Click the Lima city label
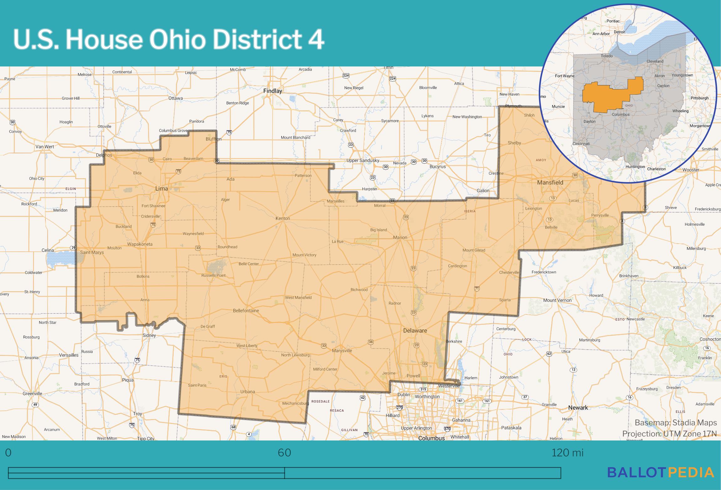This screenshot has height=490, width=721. (162, 188)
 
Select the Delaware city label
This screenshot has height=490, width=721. (415, 331)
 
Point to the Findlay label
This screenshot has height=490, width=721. (272, 91)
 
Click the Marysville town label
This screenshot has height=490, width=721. (342, 351)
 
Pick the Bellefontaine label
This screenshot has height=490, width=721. (246, 311)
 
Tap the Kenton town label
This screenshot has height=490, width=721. (283, 218)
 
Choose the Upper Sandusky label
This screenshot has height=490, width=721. (363, 161)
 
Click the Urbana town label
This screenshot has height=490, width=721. (247, 392)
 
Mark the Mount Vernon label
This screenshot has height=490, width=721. (557, 300)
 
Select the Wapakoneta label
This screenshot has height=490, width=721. (140, 244)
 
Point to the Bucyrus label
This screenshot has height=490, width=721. (437, 167)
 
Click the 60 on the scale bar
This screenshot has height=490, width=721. (284, 453)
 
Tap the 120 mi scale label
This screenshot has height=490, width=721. (567, 453)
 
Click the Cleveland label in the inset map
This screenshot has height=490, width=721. (655, 61)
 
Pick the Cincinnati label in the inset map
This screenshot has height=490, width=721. (581, 144)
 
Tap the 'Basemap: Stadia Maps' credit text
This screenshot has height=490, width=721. (676, 423)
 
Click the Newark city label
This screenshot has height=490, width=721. (578, 408)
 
